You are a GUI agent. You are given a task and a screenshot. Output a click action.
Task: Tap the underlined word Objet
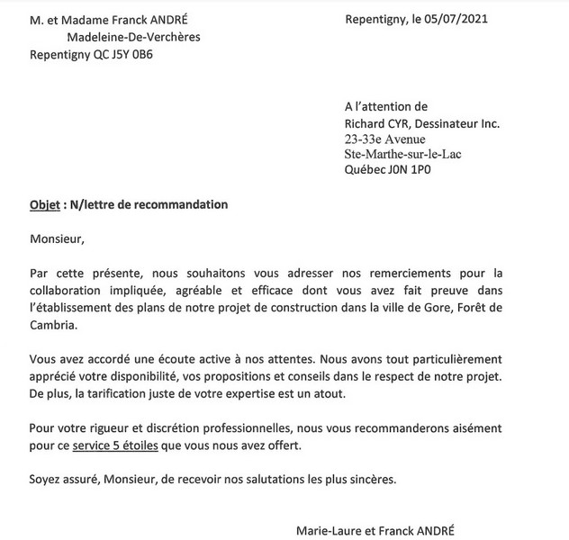(x=44, y=204)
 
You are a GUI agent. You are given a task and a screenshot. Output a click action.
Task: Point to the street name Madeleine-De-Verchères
(x=134, y=37)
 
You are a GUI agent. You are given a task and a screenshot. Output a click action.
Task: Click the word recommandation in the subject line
(x=179, y=204)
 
